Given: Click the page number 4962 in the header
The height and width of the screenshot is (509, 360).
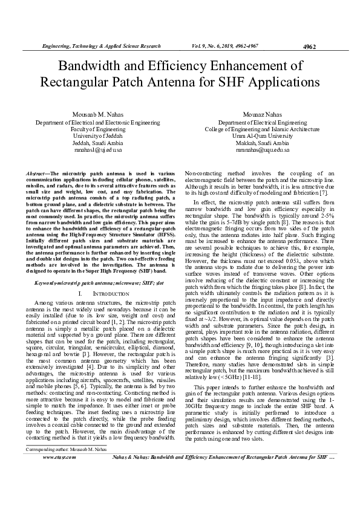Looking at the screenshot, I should click(309, 47).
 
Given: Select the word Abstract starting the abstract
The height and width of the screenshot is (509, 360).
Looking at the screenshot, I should click(39, 174).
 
